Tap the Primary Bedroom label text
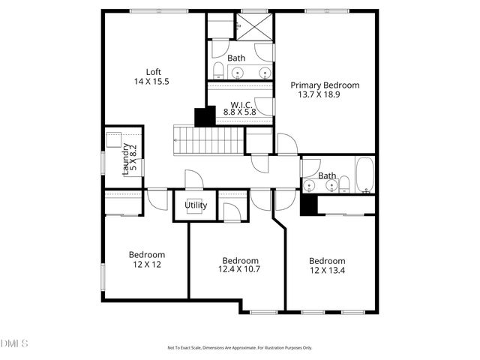(x=325, y=85)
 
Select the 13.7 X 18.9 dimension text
(x=325, y=95)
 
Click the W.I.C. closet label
(x=240, y=104)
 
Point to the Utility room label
(x=196, y=205)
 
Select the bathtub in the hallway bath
(x=364, y=175)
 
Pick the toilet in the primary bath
(x=217, y=70)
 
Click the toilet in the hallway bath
(x=344, y=183)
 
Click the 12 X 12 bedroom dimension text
(x=146, y=264)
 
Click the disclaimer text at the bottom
(x=239, y=347)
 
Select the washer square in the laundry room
(x=115, y=142)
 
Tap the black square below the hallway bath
(x=308, y=205)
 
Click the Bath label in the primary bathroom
(x=236, y=58)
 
